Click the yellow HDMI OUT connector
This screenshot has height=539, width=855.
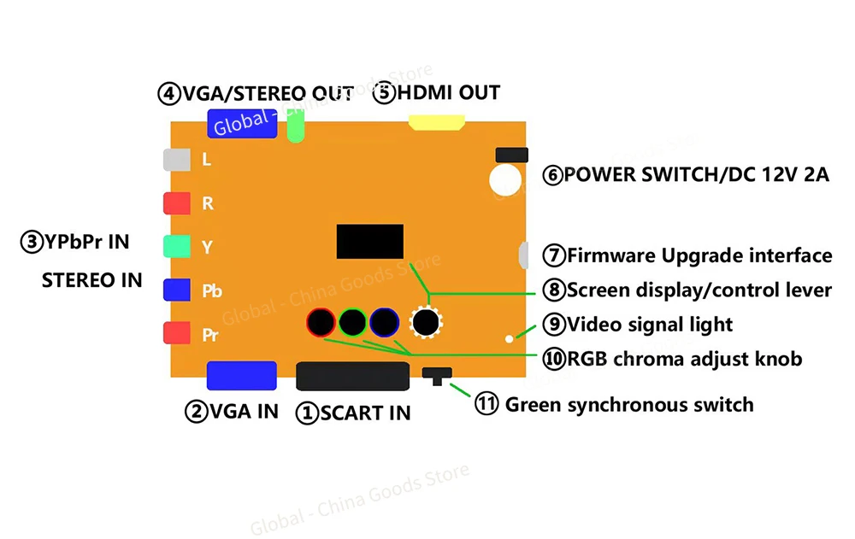tap(437, 124)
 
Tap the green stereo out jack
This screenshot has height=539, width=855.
tap(297, 128)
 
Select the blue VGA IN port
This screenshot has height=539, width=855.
tap(242, 376)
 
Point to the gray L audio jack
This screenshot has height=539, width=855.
tap(176, 159)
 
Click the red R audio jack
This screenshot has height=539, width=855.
tap(176, 203)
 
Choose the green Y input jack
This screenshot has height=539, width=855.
tap(176, 247)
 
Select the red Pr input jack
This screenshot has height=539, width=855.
tap(176, 333)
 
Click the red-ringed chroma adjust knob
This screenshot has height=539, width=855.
tap(321, 322)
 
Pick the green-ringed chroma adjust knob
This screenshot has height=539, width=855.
tap(352, 322)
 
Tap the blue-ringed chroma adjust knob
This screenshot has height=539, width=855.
tap(384, 322)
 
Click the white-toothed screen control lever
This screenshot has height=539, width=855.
tap(425, 322)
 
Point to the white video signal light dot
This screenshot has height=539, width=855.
tap(510, 339)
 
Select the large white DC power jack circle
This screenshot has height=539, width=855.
tap(505, 178)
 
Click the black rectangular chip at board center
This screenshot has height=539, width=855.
tap(369, 241)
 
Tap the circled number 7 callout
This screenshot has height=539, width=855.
tap(554, 255)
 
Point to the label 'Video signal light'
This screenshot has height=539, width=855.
tap(650, 324)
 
